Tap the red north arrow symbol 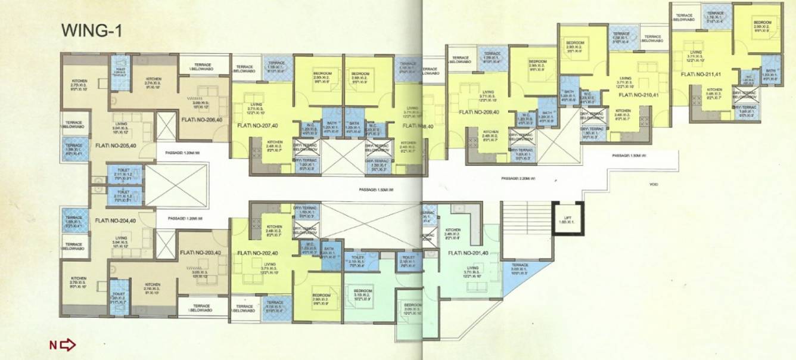63,345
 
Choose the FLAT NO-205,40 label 116,145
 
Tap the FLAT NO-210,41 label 640,94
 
